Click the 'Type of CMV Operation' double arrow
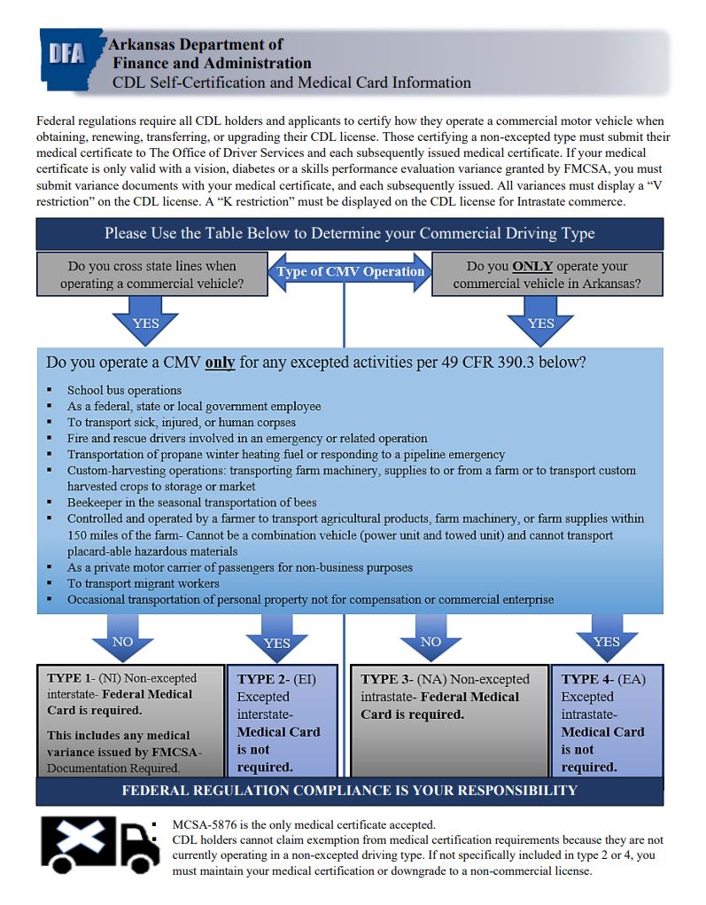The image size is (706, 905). [351, 271]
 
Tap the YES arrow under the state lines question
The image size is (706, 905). [146, 320]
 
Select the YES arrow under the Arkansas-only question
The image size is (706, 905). [540, 320]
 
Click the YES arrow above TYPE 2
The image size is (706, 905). [276, 642]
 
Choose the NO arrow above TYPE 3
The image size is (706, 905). [430, 641]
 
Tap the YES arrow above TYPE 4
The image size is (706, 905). [606, 641]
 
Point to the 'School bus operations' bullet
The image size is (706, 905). [124, 390]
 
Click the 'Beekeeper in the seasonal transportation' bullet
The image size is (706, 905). [191, 503]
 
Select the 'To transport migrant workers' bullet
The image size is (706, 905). [143, 583]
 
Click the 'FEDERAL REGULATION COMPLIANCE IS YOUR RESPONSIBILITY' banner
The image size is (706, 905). [349, 790]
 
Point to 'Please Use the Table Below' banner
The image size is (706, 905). [349, 234]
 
